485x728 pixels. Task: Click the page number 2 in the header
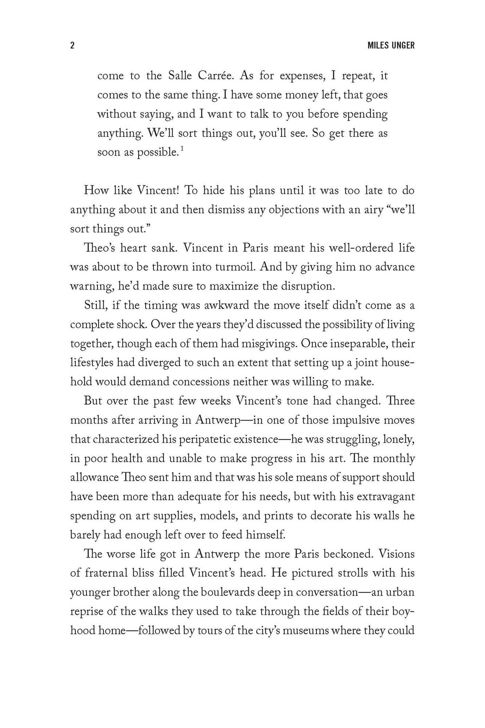(x=72, y=45)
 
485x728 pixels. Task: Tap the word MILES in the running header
(x=379, y=45)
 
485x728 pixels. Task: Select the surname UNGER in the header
(x=403, y=45)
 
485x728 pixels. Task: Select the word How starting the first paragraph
(x=95, y=190)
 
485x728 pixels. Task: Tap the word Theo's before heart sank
(x=100, y=248)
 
